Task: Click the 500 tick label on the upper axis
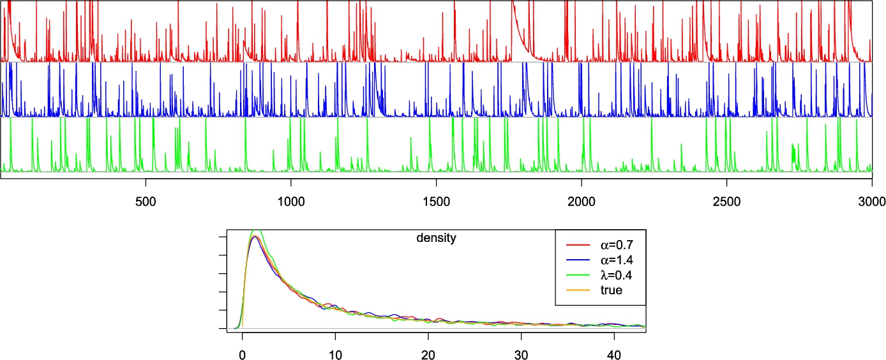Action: coord(146,200)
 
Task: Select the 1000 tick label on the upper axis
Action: coord(291,200)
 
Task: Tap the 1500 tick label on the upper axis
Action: coord(436,200)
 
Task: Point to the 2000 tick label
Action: coord(582,200)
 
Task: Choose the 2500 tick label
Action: coord(727,200)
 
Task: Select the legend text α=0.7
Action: coord(609,244)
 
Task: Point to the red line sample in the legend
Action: coord(577,244)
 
